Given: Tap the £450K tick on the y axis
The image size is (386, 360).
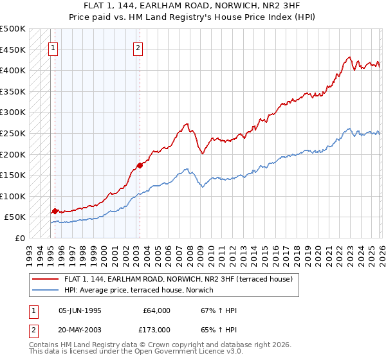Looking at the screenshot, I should [x=13, y=50].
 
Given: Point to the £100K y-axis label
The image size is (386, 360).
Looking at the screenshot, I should [x=13, y=196].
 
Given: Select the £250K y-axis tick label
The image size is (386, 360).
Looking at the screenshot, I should [x=13, y=133].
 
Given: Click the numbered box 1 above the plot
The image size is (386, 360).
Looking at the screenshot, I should [x=53, y=47].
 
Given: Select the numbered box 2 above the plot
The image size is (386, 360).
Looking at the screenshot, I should [x=138, y=47].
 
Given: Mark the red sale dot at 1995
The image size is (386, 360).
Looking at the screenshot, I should [x=55, y=211].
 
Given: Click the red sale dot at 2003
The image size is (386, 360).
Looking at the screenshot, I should [x=140, y=165].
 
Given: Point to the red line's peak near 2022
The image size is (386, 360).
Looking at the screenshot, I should [x=348, y=57].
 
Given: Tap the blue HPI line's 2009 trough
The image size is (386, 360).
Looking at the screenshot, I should [x=202, y=186].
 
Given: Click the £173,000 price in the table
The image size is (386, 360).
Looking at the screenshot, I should [x=156, y=329].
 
